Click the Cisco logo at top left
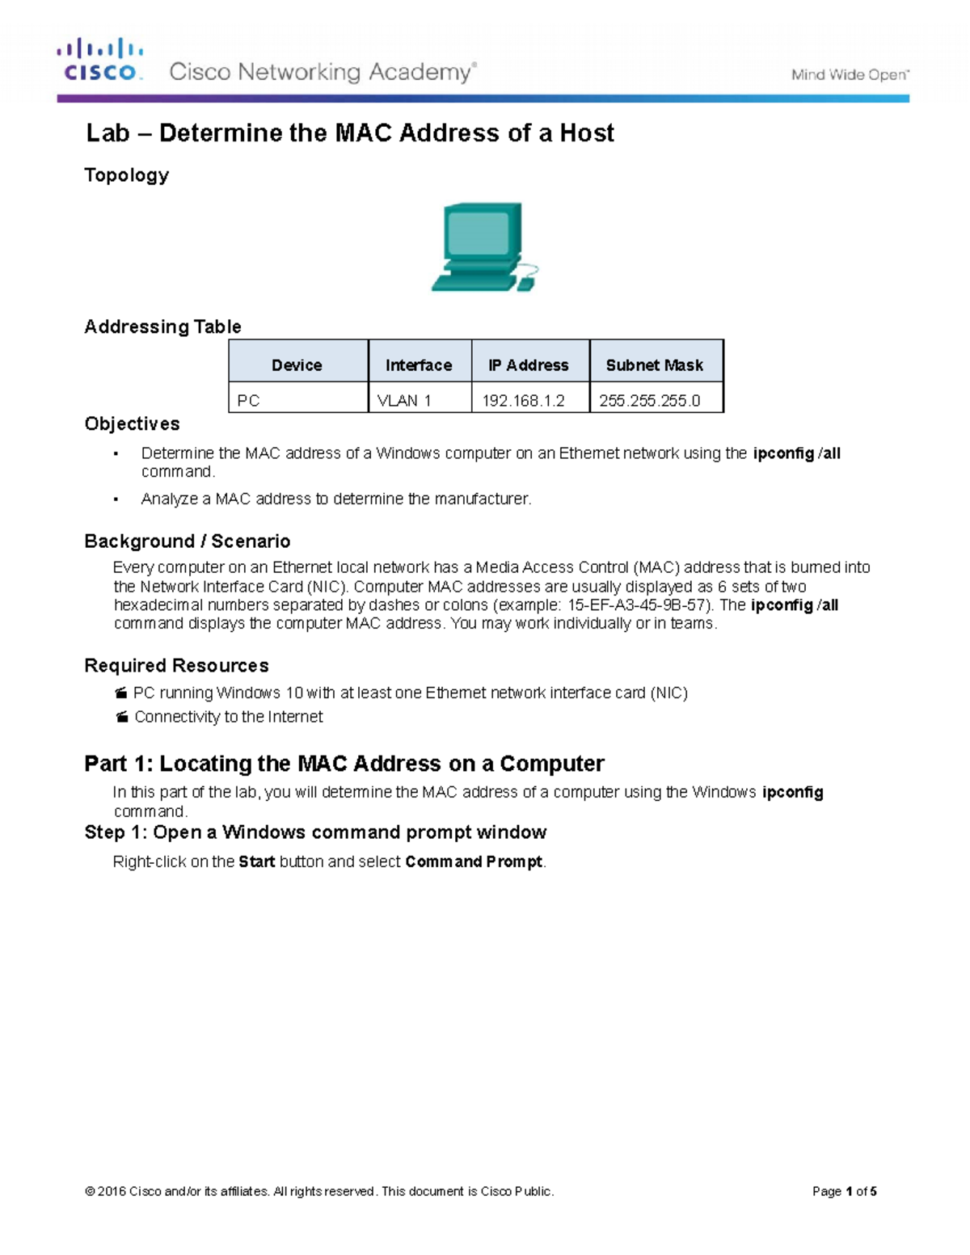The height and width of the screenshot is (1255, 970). pyautogui.click(x=99, y=61)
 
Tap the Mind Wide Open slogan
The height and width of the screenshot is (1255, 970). pyautogui.click(x=850, y=75)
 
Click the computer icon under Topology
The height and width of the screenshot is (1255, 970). pyautogui.click(x=483, y=247)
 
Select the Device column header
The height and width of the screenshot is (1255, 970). pyautogui.click(x=297, y=365)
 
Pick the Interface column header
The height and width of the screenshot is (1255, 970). pyautogui.click(x=419, y=365)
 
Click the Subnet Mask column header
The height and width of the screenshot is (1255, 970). pyautogui.click(x=655, y=365)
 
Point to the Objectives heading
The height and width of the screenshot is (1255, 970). pyautogui.click(x=132, y=424)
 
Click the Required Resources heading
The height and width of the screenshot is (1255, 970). pyautogui.click(x=176, y=666)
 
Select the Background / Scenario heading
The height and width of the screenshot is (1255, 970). pyautogui.click(x=187, y=541)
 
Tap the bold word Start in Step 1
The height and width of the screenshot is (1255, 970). pyautogui.click(x=256, y=862)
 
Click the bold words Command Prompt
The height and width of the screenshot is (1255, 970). pyautogui.click(x=474, y=862)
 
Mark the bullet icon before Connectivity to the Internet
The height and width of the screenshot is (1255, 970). pyautogui.click(x=122, y=718)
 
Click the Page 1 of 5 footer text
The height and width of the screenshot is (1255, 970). pyautogui.click(x=844, y=1191)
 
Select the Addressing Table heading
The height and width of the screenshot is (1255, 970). pyautogui.click(x=162, y=327)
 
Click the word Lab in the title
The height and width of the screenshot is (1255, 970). pyautogui.click(x=108, y=133)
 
